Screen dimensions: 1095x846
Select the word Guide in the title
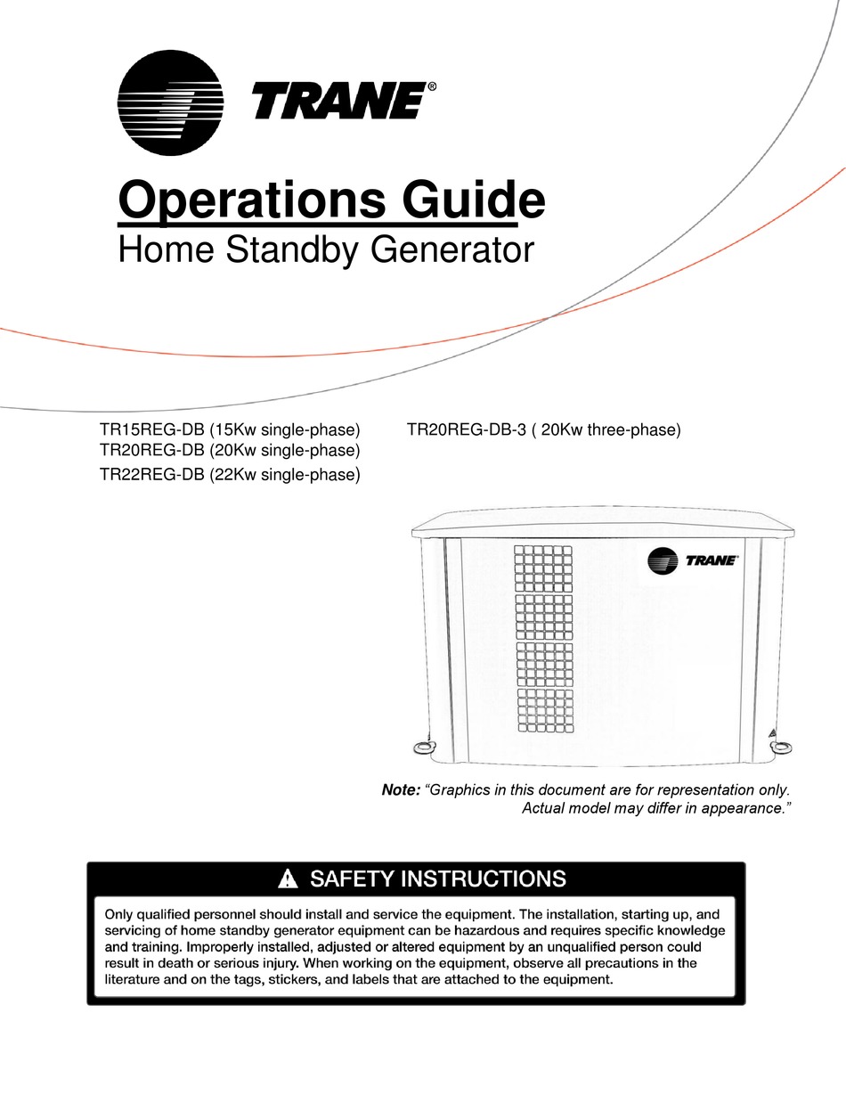[x=472, y=201]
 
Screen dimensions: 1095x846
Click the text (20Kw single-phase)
[x=284, y=452]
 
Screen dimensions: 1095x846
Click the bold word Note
[x=400, y=790]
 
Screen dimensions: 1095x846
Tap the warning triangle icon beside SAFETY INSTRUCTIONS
[x=288, y=879]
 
